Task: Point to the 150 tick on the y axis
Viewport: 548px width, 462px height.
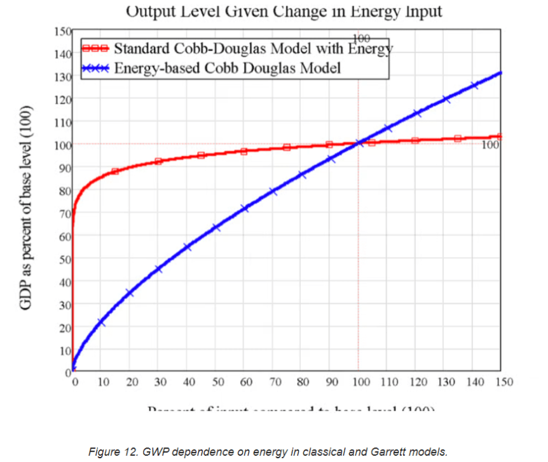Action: (62, 31)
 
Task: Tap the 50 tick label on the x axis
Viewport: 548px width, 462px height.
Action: (217, 382)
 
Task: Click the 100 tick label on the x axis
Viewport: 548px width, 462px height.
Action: (360, 382)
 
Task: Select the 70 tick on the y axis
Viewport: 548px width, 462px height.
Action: (65, 213)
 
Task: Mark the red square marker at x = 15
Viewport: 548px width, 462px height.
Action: (115, 171)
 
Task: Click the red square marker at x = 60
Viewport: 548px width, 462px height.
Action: (243, 151)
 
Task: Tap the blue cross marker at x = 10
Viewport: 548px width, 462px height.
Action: (101, 323)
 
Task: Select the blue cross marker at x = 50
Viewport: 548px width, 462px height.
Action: (216, 227)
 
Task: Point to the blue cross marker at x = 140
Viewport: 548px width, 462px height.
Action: (473, 86)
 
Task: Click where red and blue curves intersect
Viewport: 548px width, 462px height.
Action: (359, 143)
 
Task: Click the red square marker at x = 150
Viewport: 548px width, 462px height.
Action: (500, 136)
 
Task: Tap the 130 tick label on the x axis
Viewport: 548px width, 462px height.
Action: (446, 382)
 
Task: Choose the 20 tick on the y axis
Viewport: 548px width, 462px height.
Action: (65, 327)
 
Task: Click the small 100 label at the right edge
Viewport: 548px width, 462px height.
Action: (490, 145)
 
